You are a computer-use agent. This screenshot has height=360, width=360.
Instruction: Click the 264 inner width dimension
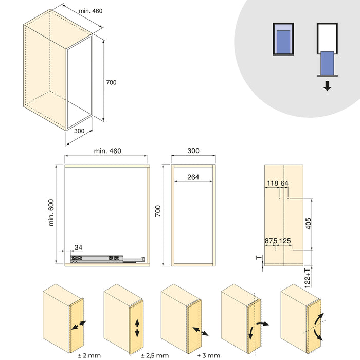(x=193, y=177)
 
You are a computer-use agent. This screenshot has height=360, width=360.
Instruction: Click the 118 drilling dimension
(x=273, y=183)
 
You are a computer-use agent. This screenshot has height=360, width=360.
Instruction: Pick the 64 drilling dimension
(x=284, y=183)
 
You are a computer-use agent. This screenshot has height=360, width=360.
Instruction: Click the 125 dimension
(x=285, y=241)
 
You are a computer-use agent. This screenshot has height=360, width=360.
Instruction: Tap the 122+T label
(x=308, y=277)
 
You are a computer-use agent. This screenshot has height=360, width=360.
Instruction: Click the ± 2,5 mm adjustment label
(x=155, y=355)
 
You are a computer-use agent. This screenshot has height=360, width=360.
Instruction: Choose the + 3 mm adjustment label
(x=208, y=355)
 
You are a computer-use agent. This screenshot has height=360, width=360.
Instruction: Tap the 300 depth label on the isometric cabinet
(x=79, y=131)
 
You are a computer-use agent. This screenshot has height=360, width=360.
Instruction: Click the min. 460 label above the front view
(x=107, y=151)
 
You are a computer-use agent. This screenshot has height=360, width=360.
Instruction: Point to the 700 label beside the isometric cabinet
(x=111, y=82)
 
